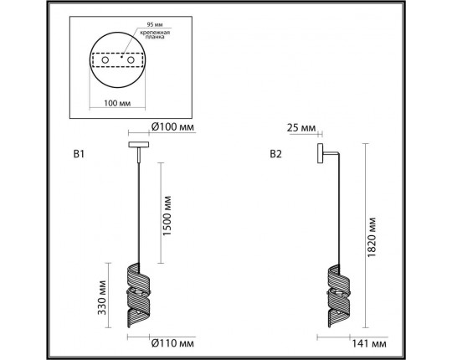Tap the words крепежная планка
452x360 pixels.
(x=155, y=34)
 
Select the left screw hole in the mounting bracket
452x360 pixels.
(x=105, y=60)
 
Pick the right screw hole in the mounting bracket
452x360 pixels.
(x=131, y=60)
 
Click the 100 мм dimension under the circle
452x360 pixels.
(x=117, y=103)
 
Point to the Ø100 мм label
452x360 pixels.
(x=172, y=126)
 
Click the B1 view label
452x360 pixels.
(x=79, y=154)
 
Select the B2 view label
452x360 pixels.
(x=275, y=154)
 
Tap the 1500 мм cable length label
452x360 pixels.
(x=167, y=216)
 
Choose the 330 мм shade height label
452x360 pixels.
(x=102, y=297)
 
